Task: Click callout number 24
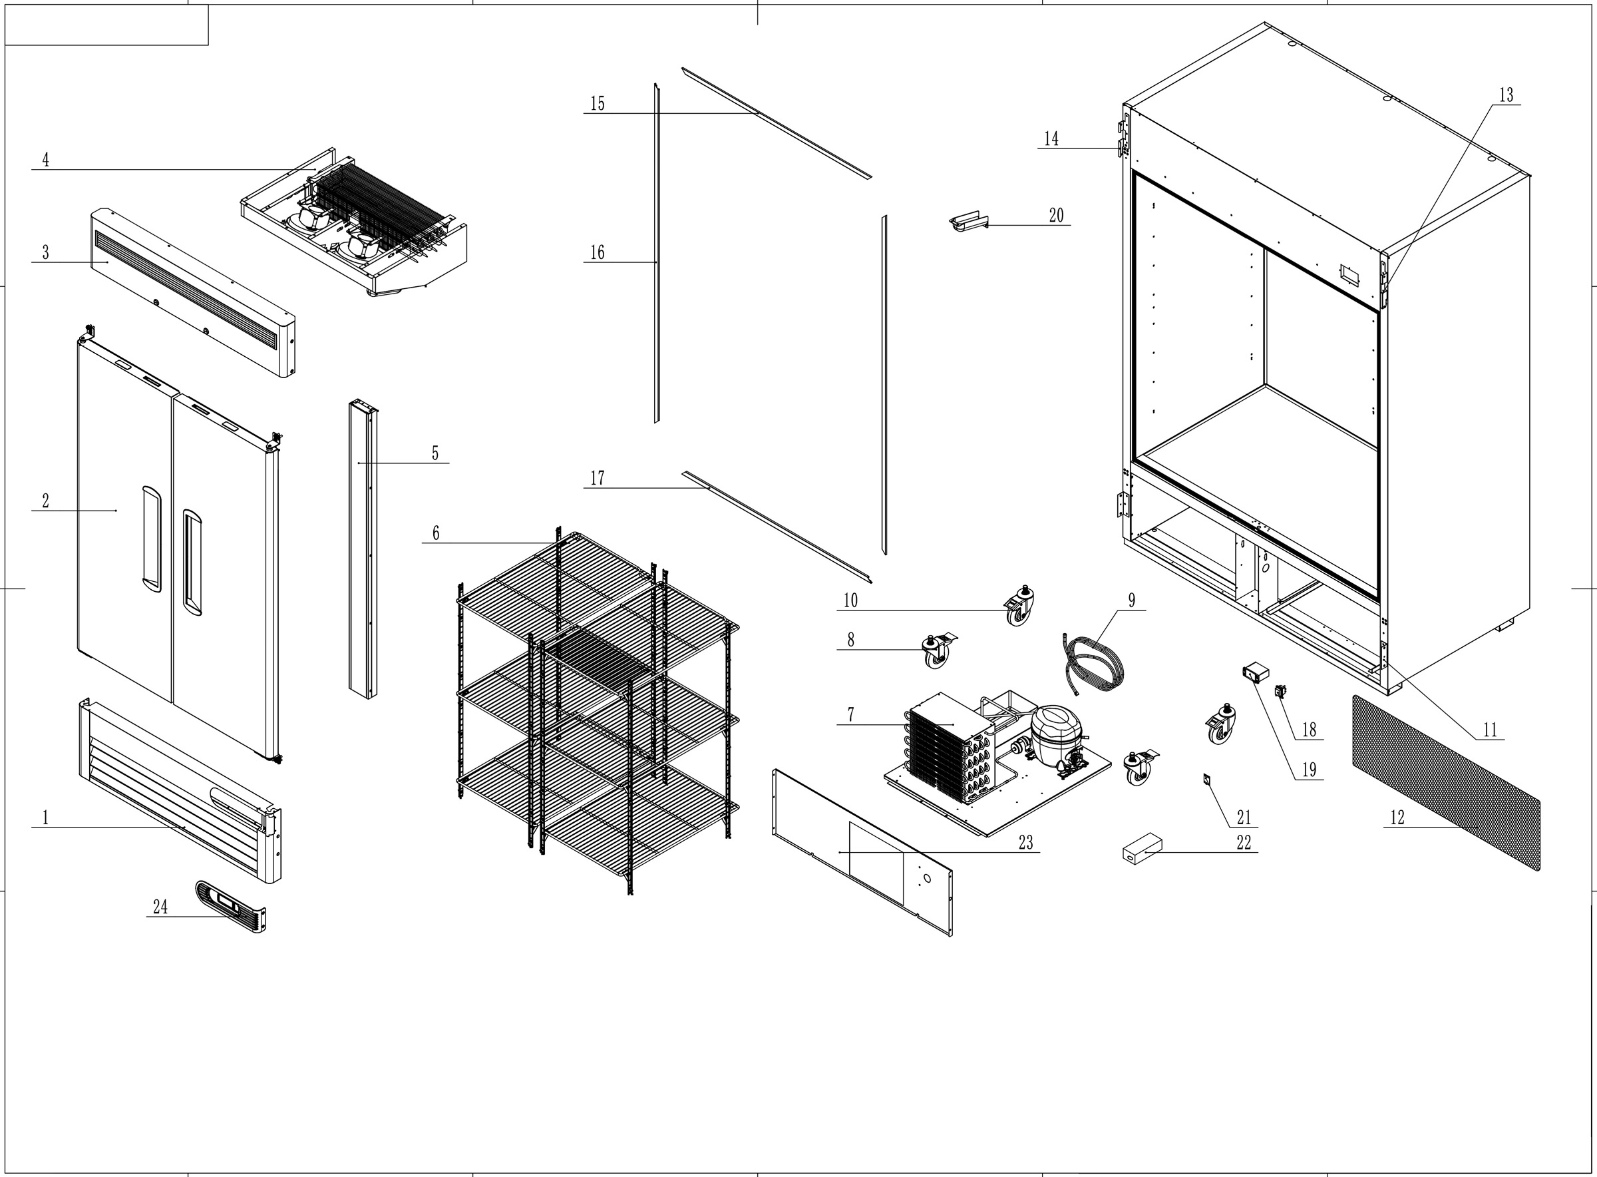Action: (160, 906)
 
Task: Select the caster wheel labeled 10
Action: (1019, 607)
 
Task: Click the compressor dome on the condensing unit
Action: (1056, 734)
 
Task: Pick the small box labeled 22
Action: (1142, 851)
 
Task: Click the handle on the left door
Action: (152, 539)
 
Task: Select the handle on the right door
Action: (192, 562)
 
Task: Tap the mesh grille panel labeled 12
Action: (1445, 784)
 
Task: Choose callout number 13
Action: (1506, 95)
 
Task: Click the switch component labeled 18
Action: (1280, 690)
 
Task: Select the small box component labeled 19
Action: (1256, 671)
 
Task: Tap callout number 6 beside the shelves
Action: (435, 533)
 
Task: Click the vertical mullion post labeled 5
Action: (363, 552)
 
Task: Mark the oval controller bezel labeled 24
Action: (230, 906)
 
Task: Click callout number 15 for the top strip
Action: (597, 103)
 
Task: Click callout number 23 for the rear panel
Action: (1025, 842)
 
